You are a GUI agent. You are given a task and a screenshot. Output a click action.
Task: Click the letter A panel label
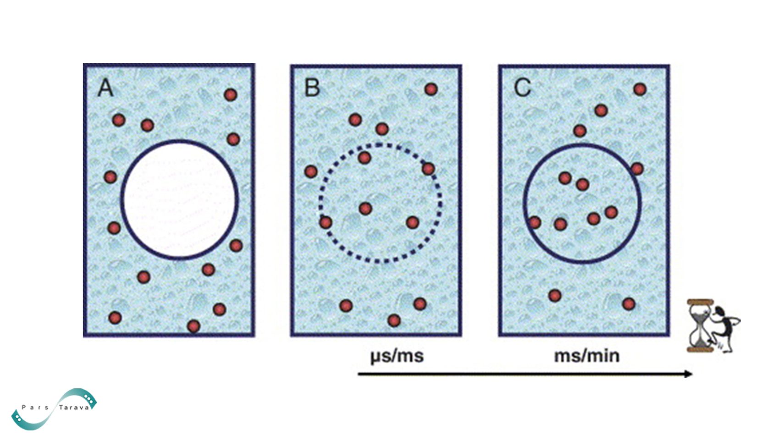click(105, 88)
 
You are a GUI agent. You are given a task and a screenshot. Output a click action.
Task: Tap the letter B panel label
click(312, 88)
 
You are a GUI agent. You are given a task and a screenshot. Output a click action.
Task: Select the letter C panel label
click(523, 88)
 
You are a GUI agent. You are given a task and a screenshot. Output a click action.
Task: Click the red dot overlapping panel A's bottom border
click(193, 326)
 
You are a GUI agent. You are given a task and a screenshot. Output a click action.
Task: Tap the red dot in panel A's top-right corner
click(231, 94)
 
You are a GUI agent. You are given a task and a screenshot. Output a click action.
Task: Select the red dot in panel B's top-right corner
click(431, 89)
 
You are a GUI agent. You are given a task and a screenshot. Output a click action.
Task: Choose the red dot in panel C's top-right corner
click(640, 89)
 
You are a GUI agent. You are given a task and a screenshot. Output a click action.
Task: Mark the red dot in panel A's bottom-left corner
click(115, 318)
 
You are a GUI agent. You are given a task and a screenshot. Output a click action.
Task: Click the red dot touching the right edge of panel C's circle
click(637, 169)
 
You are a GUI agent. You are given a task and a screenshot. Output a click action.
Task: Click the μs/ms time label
click(397, 356)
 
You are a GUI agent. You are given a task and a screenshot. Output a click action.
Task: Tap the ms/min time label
click(587, 356)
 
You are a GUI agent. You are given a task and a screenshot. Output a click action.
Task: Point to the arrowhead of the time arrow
click(689, 374)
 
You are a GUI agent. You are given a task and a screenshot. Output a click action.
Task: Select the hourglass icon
click(701, 325)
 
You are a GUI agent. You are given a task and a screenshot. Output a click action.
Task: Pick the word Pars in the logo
click(35, 407)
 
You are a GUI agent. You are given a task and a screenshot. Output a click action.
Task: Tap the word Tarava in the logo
click(74, 408)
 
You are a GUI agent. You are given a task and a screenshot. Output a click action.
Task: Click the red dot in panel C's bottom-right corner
click(629, 304)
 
